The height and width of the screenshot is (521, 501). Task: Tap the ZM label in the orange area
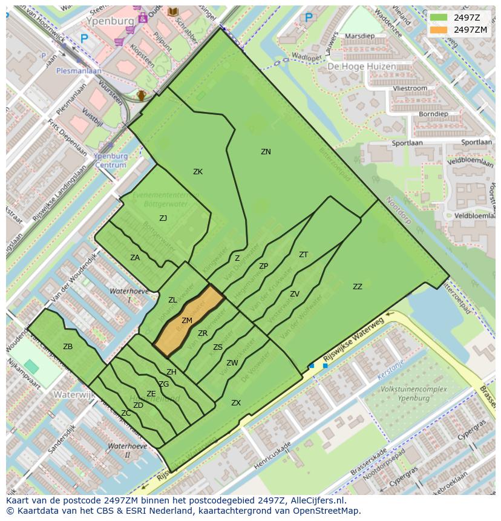click(x=187, y=321)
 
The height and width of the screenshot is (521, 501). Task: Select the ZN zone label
click(x=266, y=152)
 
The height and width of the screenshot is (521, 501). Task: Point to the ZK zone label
click(x=198, y=172)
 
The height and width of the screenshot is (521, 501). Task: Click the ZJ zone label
click(x=163, y=218)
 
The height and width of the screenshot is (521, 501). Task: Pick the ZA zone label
click(x=135, y=258)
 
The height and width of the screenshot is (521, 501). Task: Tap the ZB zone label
click(x=68, y=347)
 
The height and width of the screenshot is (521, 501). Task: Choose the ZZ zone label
click(x=358, y=287)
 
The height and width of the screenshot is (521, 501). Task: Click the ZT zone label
click(x=303, y=255)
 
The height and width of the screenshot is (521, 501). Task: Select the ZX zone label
click(x=236, y=403)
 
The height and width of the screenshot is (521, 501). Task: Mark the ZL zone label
click(x=172, y=300)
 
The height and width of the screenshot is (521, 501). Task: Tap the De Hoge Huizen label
click(x=362, y=67)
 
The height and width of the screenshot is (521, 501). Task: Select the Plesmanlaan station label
click(x=79, y=71)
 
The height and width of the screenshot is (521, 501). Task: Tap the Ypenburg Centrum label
click(x=111, y=160)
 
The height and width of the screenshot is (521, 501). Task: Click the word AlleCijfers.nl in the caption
click(x=317, y=500)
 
